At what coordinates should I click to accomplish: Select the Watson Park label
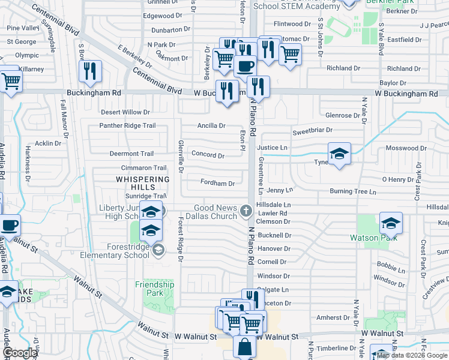coord(373,238)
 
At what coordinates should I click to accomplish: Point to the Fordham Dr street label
coord(217,183)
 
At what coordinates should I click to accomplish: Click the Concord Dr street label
coord(208,155)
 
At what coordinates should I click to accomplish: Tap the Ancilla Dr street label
coord(211,126)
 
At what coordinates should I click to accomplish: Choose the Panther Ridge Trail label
coord(127,125)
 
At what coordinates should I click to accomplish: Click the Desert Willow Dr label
coord(125,112)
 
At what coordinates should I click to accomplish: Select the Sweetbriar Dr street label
coord(312,130)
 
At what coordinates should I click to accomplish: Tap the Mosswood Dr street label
coord(406,148)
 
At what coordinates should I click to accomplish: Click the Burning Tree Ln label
coord(352,192)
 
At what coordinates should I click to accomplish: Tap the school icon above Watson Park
coord(391,224)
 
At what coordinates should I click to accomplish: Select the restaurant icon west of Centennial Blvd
coord(90,71)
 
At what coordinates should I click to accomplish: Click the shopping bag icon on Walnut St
coord(245,347)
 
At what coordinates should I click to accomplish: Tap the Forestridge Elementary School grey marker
coord(158,250)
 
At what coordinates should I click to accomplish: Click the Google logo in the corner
coord(20,353)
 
